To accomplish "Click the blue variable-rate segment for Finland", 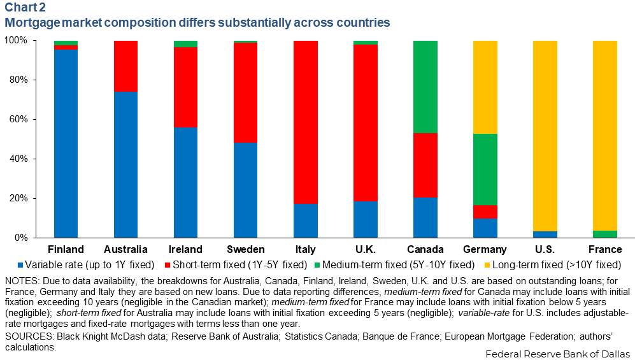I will (x=66, y=143).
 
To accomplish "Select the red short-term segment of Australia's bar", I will (x=125, y=66).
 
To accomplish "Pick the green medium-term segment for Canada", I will (x=425, y=87).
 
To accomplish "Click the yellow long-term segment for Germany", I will (x=485, y=87).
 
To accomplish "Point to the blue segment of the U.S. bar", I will (x=545, y=234).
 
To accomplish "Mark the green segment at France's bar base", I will (x=604, y=234).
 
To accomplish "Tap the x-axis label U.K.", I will (x=365, y=249).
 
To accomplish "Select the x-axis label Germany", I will (x=485, y=249).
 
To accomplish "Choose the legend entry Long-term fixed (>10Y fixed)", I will (x=553, y=264).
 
